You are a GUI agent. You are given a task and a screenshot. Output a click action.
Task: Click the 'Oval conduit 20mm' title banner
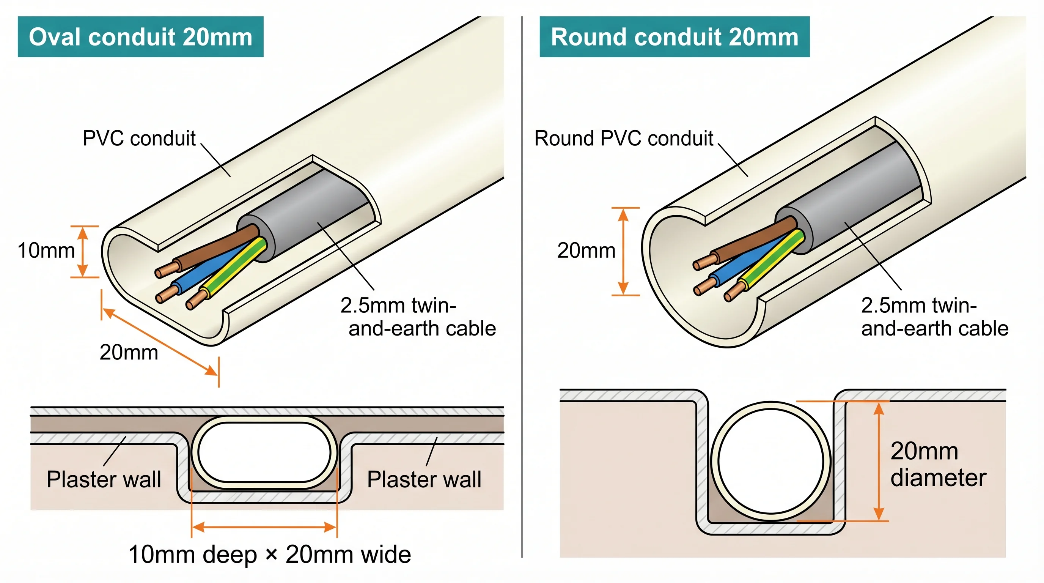coord(140,37)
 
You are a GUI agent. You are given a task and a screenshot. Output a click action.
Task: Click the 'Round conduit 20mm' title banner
coord(675,37)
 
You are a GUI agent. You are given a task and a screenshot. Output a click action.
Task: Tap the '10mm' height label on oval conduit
coord(46,251)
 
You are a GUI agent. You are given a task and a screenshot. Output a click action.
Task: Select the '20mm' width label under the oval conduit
coord(129,352)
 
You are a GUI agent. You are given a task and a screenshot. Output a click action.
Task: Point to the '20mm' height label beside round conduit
coord(586,251)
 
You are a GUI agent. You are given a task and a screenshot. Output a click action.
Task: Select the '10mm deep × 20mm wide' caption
coord(269,555)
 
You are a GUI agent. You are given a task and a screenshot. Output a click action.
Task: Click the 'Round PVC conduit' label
coord(623,139)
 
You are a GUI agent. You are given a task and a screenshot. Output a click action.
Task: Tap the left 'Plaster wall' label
coord(104,480)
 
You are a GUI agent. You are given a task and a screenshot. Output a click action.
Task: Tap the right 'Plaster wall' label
coord(424,480)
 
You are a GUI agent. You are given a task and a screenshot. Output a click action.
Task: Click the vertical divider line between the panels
coord(522,284)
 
